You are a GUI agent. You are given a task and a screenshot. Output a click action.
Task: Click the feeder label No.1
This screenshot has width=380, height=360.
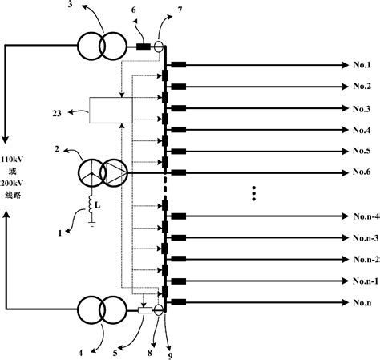pyautogui.click(x=362, y=64)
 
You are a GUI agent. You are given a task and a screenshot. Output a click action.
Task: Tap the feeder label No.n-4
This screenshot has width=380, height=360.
pyautogui.click(x=365, y=216)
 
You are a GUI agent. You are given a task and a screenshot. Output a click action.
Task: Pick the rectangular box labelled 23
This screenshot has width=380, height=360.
pyautogui.click(x=107, y=110)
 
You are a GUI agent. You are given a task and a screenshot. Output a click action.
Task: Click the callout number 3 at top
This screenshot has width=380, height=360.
pyautogui.click(x=71, y=6)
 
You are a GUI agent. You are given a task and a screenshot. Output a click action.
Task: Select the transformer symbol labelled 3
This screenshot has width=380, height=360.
pyautogui.click(x=103, y=45)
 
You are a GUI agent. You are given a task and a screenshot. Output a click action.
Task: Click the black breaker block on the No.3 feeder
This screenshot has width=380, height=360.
pyautogui.click(x=179, y=107)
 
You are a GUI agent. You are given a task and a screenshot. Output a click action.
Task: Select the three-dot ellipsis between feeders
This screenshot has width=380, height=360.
pyautogui.click(x=253, y=192)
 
